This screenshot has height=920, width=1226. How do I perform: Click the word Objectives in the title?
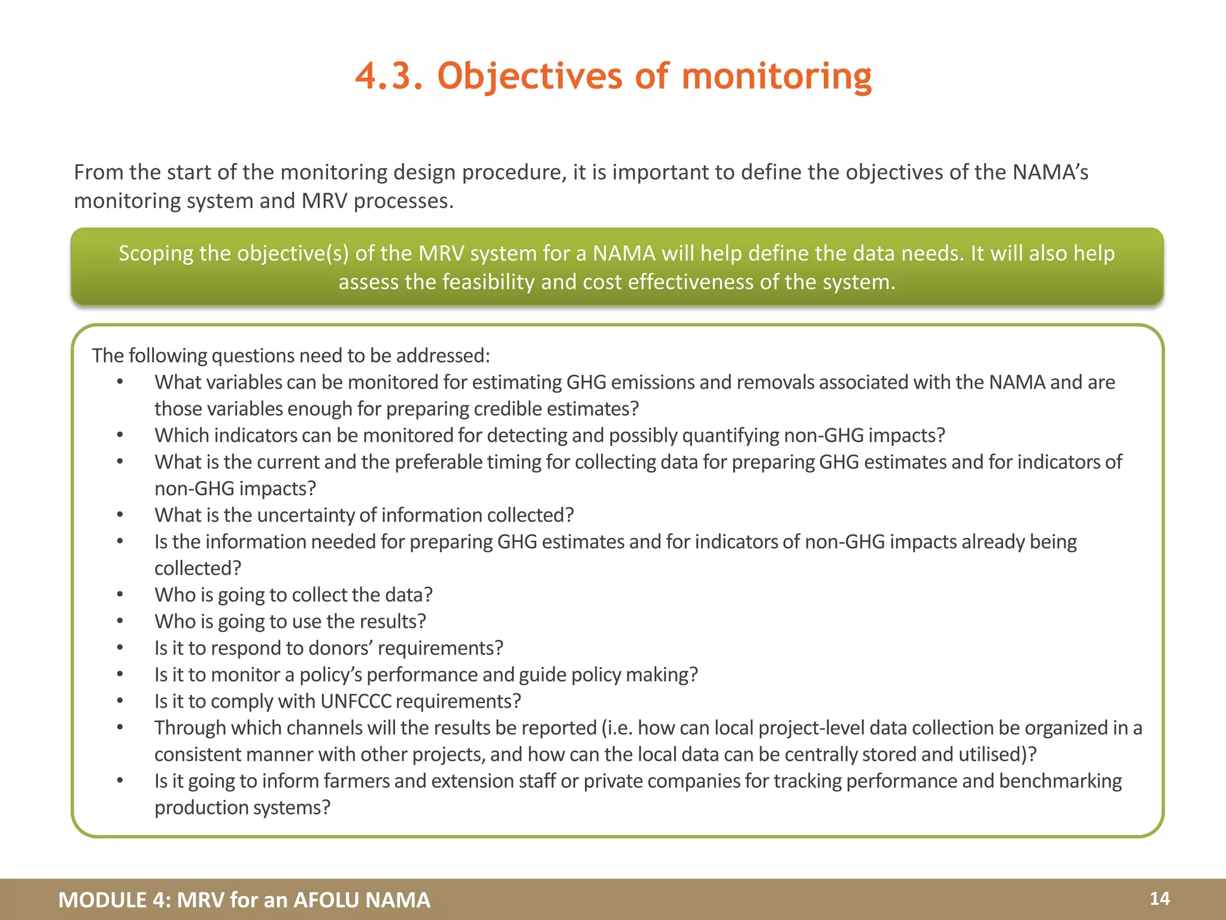[x=530, y=77]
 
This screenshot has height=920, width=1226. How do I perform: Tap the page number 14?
[x=1160, y=898]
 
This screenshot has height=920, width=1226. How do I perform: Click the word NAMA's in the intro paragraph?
[x=1050, y=172]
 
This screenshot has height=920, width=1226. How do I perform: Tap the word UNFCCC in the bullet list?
[x=356, y=701]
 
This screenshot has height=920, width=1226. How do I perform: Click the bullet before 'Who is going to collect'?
[x=120, y=595]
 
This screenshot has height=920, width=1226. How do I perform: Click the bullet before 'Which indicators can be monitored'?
[x=120, y=435]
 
